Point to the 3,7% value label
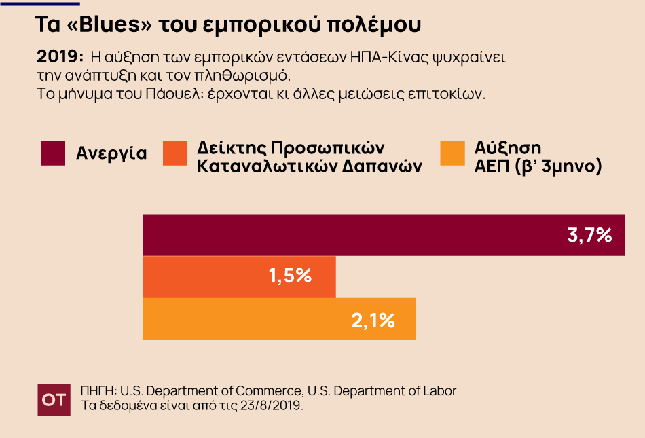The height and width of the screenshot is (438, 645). pyautogui.click(x=589, y=236)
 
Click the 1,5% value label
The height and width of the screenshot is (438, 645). pyautogui.click(x=290, y=276)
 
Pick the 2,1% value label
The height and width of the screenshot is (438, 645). pyautogui.click(x=373, y=319)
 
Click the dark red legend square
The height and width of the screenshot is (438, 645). pyautogui.click(x=53, y=153)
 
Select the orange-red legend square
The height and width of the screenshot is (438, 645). pyautogui.click(x=176, y=153)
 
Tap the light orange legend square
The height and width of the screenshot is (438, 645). pyautogui.click(x=453, y=153)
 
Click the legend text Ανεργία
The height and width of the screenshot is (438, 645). pyautogui.click(x=111, y=153)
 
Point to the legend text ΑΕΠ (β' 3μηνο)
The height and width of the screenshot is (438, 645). pyautogui.click(x=538, y=166)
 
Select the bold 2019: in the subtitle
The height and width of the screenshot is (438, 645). pyautogui.click(x=59, y=56)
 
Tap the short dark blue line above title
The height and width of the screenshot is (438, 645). pyautogui.click(x=41, y=3)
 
